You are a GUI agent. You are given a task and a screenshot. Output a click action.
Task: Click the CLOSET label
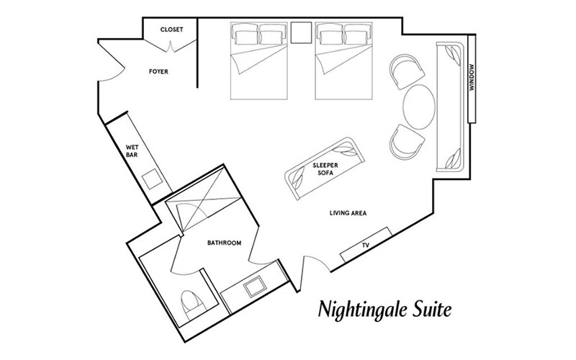171,30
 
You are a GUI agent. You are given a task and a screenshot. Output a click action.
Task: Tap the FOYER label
158,71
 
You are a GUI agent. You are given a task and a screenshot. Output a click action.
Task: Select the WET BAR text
132,151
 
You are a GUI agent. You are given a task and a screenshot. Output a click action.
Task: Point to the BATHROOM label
224,243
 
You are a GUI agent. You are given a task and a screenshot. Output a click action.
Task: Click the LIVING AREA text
348,212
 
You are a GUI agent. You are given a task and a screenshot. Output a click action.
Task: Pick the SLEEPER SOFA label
325,169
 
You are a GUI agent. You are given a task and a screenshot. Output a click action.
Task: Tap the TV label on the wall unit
365,245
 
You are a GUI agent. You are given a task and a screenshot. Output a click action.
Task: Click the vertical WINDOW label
472,78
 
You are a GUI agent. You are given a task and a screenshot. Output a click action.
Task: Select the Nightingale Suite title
384,310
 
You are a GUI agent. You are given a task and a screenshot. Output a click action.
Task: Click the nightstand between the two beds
301,32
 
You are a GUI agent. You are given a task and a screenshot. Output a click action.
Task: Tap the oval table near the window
419,107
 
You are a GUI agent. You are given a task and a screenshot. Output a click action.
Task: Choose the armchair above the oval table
406,71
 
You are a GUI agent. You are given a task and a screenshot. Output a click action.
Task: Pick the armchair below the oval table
406,142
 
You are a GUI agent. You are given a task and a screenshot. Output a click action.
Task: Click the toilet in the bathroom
192,304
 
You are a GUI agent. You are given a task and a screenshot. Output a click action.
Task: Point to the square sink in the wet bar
153,179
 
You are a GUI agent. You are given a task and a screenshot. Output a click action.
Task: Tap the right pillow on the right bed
356,37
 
